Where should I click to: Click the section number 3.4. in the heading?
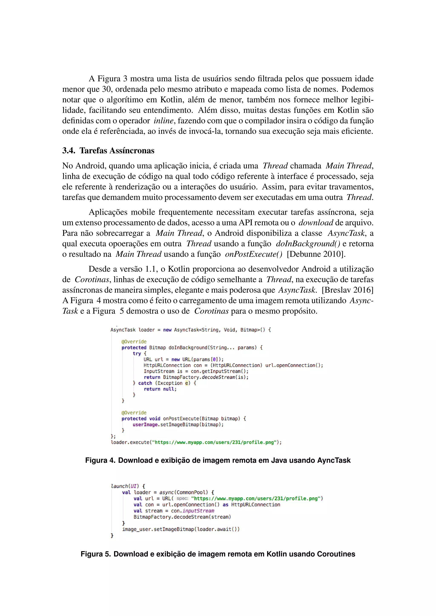[x=69, y=151]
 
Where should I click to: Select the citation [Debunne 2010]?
[x=316, y=254]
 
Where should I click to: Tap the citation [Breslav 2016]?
[x=347, y=290]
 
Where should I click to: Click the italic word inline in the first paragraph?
[x=163, y=121]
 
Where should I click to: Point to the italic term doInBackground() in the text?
[x=308, y=244]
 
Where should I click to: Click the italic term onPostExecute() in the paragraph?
[x=253, y=254]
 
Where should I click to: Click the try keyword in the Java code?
[x=137, y=353]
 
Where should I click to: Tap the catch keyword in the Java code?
[x=145, y=383]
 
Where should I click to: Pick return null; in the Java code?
[x=160, y=389]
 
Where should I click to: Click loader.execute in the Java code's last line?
[x=130, y=442]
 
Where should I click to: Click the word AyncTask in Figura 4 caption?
[x=334, y=460]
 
